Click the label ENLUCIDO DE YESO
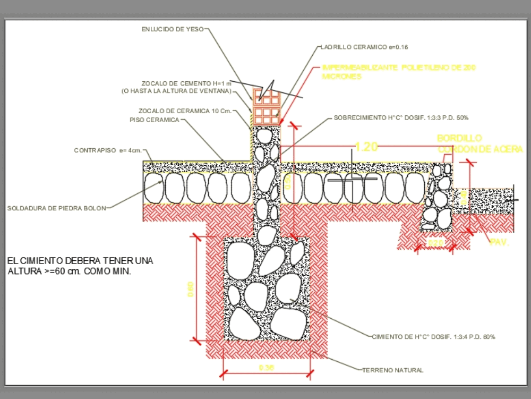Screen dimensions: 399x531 (172, 30)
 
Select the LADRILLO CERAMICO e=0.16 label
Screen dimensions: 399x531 (364, 47)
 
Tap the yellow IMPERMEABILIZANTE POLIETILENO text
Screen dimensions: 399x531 (398, 68)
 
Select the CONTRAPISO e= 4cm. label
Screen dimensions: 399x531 (108, 151)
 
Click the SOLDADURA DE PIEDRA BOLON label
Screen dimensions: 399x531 (56, 208)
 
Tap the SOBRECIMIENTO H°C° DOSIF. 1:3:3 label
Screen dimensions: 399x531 (401, 117)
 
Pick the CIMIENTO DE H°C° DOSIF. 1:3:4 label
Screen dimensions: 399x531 (433, 337)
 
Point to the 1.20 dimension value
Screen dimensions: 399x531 (366, 147)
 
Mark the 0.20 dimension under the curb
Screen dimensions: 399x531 (435, 243)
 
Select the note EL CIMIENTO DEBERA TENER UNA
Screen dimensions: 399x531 (80, 261)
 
